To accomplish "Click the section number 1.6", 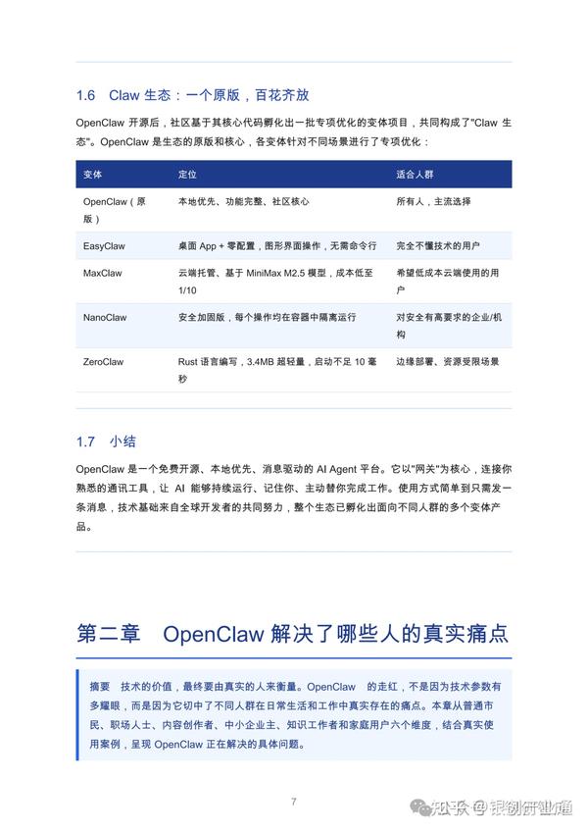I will [86, 95].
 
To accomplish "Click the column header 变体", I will [93, 174].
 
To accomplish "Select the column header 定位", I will [187, 174].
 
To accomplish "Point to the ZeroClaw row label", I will [105, 362].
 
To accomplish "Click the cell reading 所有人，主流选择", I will [433, 201].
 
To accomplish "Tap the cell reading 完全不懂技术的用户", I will [438, 245].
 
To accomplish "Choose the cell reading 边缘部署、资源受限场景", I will [448, 362].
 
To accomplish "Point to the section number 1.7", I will [86, 441].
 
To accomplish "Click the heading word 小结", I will [123, 441].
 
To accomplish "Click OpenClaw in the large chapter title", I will [212, 633].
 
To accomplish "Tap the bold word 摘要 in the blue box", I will [99, 688].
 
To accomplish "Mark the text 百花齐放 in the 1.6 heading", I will [281, 95].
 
